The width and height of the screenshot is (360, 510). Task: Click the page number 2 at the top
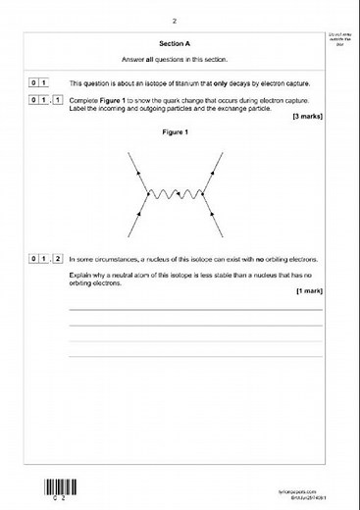(x=174, y=20)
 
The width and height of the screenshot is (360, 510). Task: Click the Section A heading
(x=173, y=44)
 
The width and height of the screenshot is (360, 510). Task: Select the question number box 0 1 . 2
(x=46, y=259)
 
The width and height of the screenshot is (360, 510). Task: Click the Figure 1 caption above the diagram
(x=173, y=134)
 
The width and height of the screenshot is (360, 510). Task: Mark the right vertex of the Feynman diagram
(x=197, y=196)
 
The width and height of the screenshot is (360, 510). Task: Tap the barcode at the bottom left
(x=58, y=487)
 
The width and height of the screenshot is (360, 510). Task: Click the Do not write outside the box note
(x=339, y=39)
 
